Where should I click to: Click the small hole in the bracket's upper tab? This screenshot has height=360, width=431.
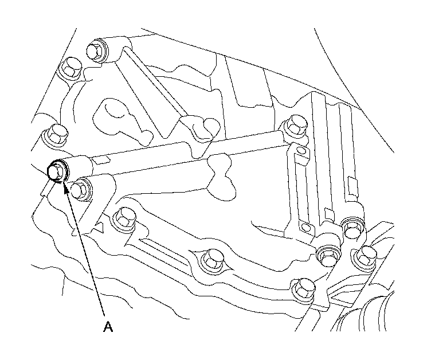pos(300,151)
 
